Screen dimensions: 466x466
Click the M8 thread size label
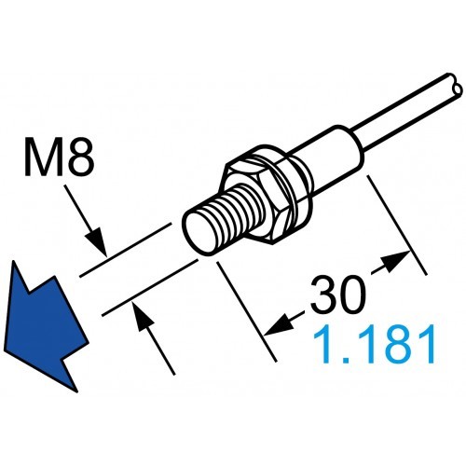click(x=60, y=160)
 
